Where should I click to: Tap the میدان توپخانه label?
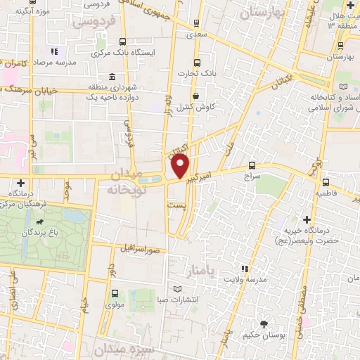click(x=134, y=181)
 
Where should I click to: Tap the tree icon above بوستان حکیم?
click(x=264, y=324)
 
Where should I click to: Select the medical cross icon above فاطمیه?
click(x=326, y=181)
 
